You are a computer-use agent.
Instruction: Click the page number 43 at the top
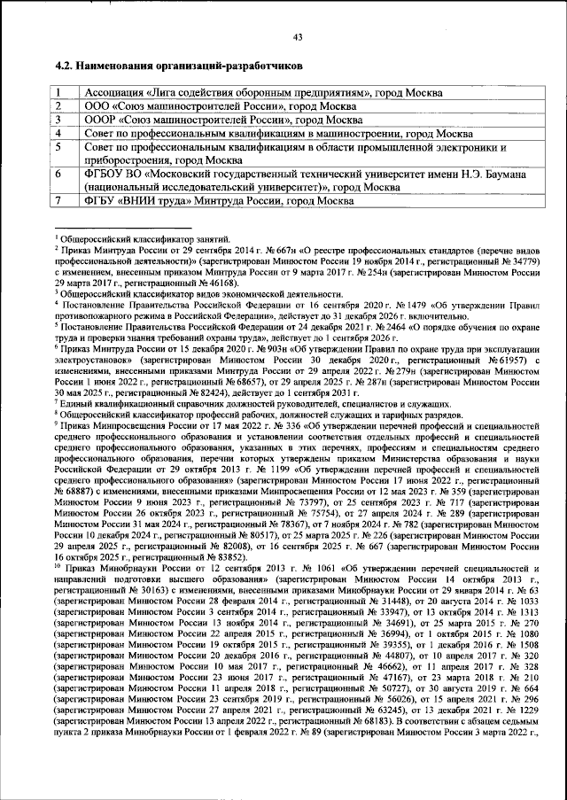(x=298, y=36)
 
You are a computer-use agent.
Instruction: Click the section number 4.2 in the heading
(x=63, y=66)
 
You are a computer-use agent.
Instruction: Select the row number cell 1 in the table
(x=58, y=93)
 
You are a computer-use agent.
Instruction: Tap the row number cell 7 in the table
(x=58, y=201)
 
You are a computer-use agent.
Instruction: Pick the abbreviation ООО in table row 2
(x=98, y=106)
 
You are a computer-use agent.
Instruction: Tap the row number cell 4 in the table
(x=58, y=133)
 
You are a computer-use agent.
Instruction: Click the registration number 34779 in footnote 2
(x=524, y=263)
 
